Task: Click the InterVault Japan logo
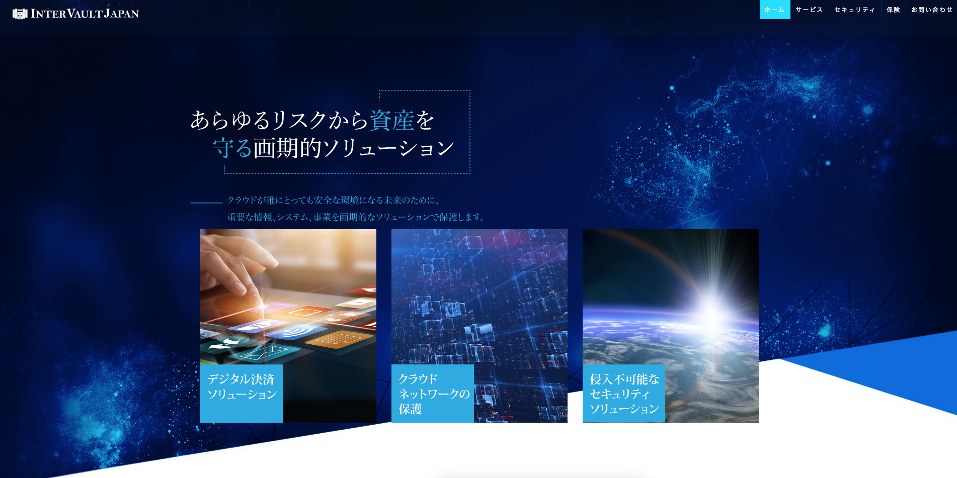pyautogui.click(x=75, y=14)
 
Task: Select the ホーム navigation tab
pyautogui.click(x=775, y=10)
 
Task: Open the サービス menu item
pyautogui.click(x=809, y=10)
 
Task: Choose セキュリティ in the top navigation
pyautogui.click(x=854, y=10)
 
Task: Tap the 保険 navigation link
pyautogui.click(x=893, y=10)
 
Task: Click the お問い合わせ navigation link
pyautogui.click(x=932, y=10)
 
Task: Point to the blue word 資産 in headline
pyautogui.click(x=392, y=120)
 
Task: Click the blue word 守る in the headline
pyautogui.click(x=232, y=148)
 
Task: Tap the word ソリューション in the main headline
pyautogui.click(x=388, y=148)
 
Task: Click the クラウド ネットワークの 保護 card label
pyautogui.click(x=433, y=393)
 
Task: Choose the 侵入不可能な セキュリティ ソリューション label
pyautogui.click(x=624, y=393)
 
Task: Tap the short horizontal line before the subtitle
pyautogui.click(x=206, y=203)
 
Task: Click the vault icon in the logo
pyautogui.click(x=20, y=14)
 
